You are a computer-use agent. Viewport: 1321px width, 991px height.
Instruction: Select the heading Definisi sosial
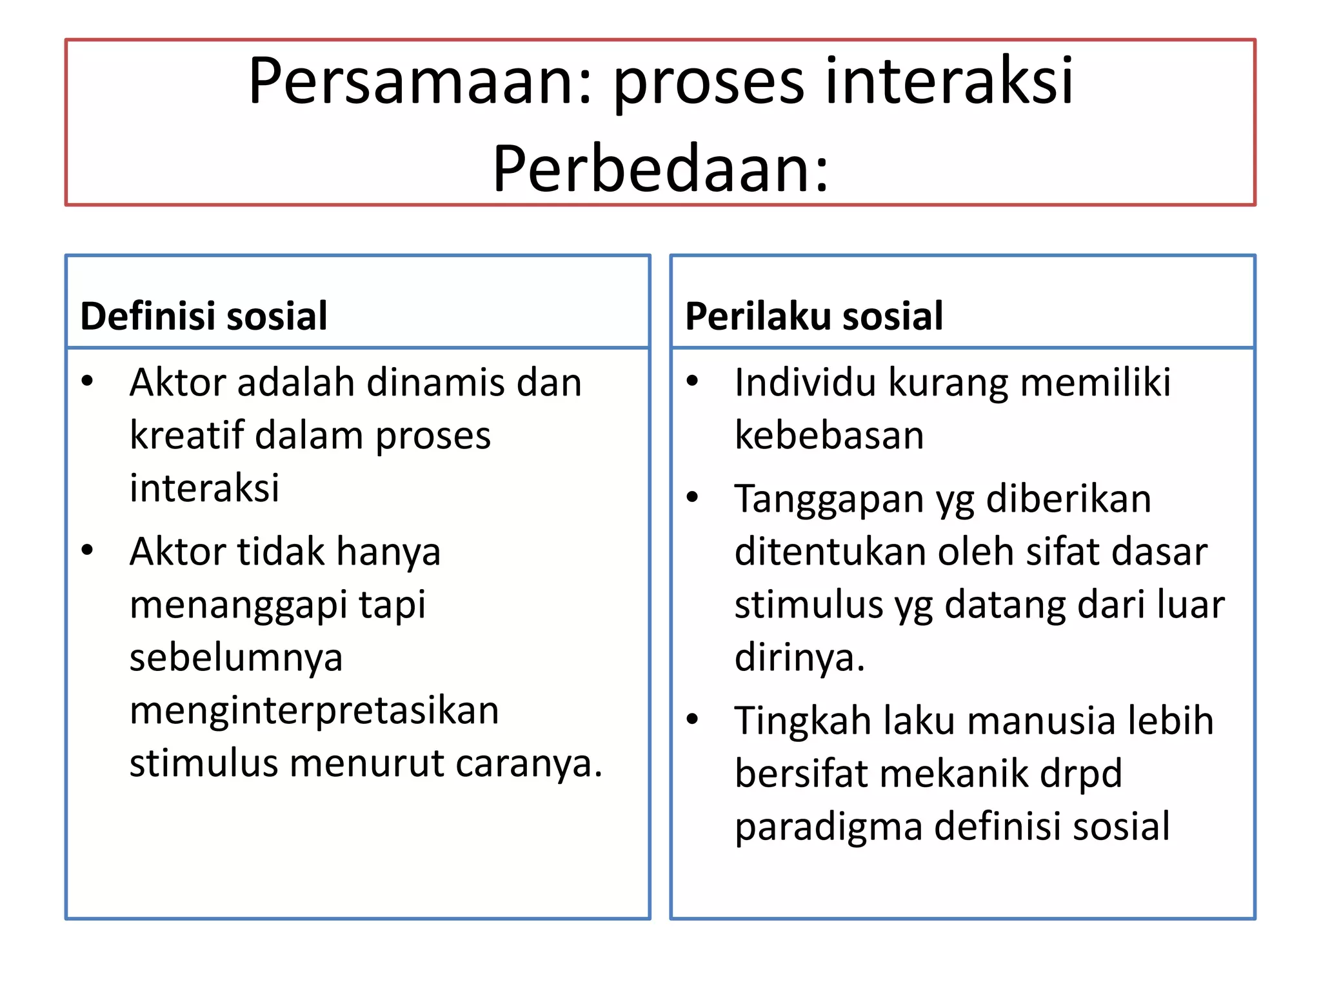click(204, 316)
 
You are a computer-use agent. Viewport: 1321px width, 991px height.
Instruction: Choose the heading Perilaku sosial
click(814, 316)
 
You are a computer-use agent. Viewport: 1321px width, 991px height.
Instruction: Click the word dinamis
click(436, 383)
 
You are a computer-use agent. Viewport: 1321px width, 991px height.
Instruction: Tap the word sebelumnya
click(236, 658)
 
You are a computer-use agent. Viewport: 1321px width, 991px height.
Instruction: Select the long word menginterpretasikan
click(314, 711)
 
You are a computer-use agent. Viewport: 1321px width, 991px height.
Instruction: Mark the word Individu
click(806, 383)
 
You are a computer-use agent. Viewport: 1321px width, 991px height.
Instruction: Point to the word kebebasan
click(829, 435)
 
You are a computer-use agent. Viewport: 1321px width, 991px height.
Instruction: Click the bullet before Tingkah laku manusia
click(693, 719)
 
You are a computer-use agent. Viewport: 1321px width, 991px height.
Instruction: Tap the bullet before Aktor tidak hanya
click(87, 550)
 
